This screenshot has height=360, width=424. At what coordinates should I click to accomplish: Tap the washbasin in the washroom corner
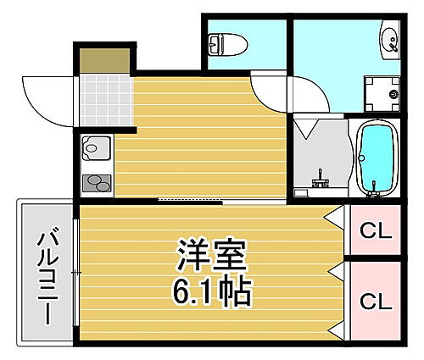pos(390,38)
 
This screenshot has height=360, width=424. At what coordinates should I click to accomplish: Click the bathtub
pos(373,158)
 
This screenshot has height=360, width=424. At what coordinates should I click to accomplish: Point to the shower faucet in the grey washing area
pos(320,180)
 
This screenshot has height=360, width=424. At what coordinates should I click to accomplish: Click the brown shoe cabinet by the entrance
pos(104,59)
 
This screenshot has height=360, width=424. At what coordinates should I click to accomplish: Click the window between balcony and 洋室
pos(77,272)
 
